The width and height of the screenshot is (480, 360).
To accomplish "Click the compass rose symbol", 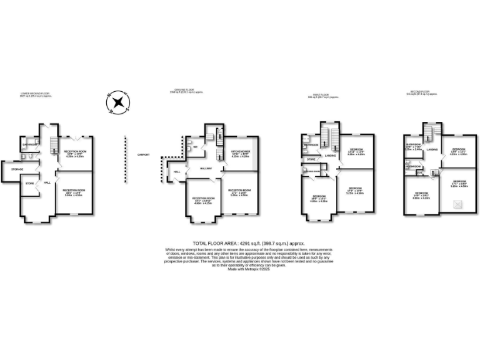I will (116, 104).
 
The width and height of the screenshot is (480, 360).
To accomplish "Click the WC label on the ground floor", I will (195, 147).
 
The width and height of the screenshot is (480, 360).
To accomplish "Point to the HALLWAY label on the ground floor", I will (207, 168).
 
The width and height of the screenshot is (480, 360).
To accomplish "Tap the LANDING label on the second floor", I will (431, 150).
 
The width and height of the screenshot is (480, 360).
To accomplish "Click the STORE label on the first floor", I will (311, 160).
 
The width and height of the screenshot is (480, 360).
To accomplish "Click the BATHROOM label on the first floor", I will (311, 144).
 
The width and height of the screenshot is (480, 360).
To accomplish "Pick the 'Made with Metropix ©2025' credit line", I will (240, 269).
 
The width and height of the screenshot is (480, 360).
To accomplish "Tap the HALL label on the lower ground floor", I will (46, 182).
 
